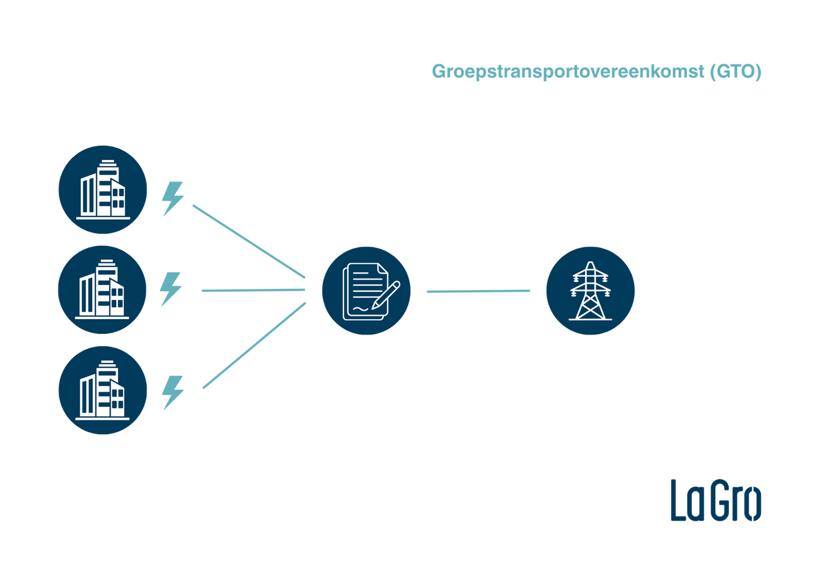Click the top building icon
[x=103, y=190]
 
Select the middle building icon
[x=102, y=289]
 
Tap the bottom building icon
[x=103, y=390]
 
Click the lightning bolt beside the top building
[x=172, y=199]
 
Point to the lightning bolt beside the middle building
[x=171, y=289]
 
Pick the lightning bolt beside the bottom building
[x=172, y=392]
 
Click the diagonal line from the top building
[x=248, y=241]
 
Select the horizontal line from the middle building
[x=253, y=291]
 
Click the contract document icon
[x=366, y=291]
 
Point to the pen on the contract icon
[x=387, y=294]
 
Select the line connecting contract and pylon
[x=478, y=291]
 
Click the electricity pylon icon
[x=590, y=291]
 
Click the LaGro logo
[x=715, y=500]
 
